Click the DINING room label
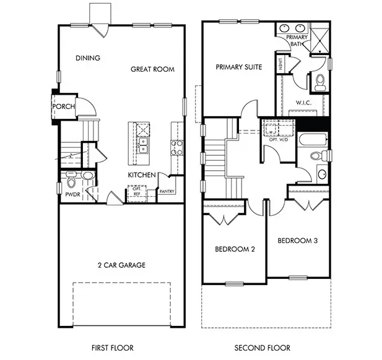pyautogui.click(x=88, y=58)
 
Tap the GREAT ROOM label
pyautogui.click(x=152, y=69)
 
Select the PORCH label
pyautogui.click(x=64, y=106)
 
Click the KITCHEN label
pyautogui.click(x=142, y=175)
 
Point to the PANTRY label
pyautogui.click(x=167, y=192)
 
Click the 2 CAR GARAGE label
pyautogui.click(x=121, y=265)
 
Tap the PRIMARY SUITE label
pyautogui.click(x=239, y=67)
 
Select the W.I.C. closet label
pyautogui.click(x=303, y=103)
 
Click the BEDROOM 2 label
pyautogui.click(x=235, y=249)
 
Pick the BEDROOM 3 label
pyautogui.click(x=298, y=241)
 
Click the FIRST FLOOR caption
pyautogui.click(x=113, y=348)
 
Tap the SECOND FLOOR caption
pyautogui.click(x=263, y=348)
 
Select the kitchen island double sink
pyautogui.click(x=143, y=145)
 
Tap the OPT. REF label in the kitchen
pyautogui.click(x=137, y=191)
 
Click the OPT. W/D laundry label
pyautogui.click(x=279, y=140)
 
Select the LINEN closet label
pyautogui.click(x=281, y=64)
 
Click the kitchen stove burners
pyautogui.click(x=177, y=147)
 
